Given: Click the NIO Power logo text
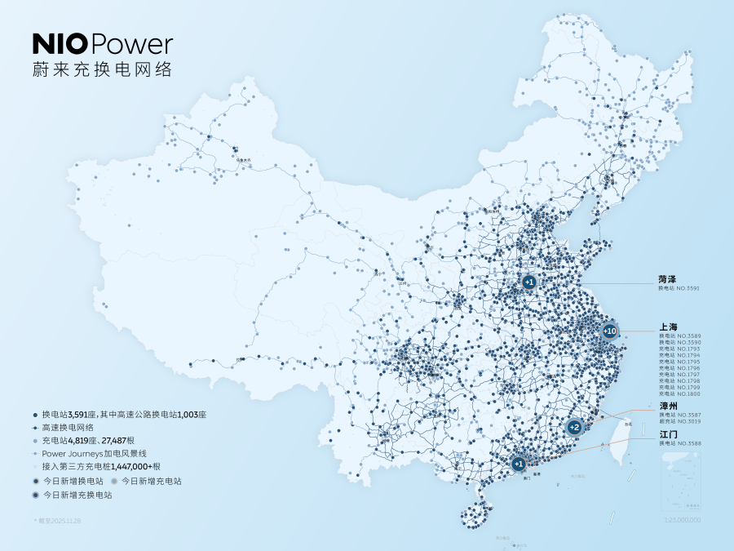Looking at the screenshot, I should point(102,45).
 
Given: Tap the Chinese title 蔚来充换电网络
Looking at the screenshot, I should point(102,69).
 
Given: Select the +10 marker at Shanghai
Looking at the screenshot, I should point(609,331).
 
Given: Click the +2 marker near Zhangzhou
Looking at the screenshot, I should point(574,427).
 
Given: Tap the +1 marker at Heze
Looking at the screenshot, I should point(529,282).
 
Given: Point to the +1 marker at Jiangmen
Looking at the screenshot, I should point(519,464).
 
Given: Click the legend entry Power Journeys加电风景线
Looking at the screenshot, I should point(94,452).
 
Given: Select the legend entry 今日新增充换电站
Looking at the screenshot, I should point(77,495).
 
